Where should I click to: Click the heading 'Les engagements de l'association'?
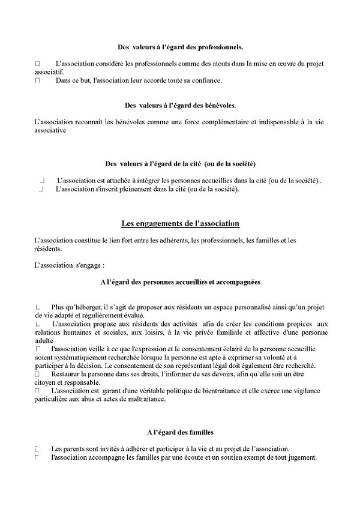[180, 224]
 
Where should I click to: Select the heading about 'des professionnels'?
[180, 46]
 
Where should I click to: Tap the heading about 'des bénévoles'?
[180, 105]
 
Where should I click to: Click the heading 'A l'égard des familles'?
[180, 432]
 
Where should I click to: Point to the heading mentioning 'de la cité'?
[180, 163]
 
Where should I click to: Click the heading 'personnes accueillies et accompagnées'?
[180, 282]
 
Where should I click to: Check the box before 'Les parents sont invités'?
[37, 448]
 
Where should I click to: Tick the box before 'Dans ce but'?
[37, 80]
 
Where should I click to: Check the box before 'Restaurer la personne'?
[37, 374]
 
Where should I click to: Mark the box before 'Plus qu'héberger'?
[38, 307]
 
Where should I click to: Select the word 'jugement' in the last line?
[299, 457]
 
